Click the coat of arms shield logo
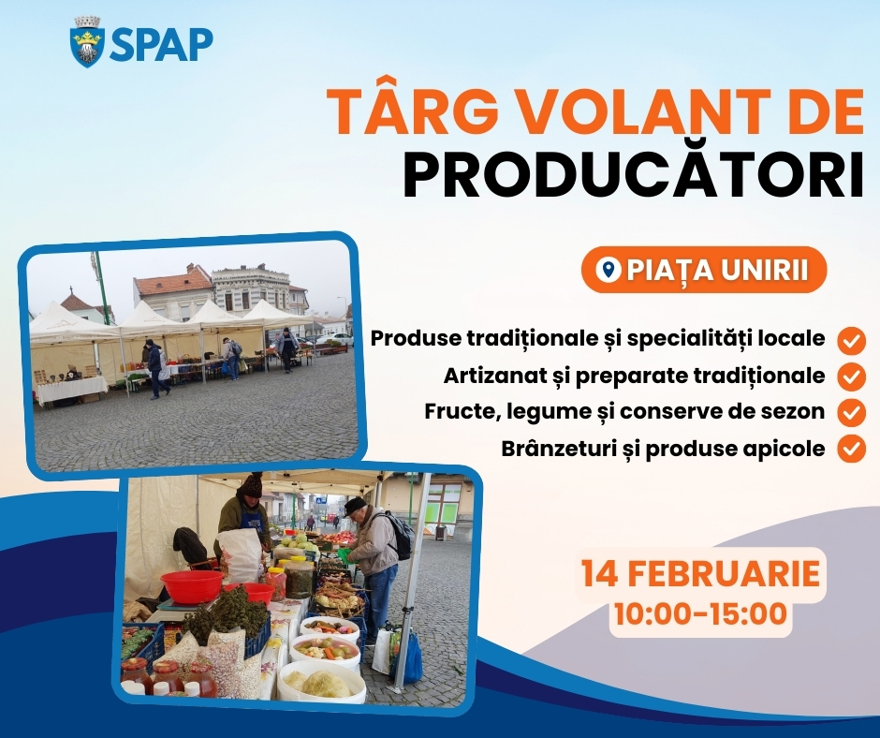pyautogui.click(x=88, y=42)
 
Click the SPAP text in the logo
pyautogui.click(x=161, y=44)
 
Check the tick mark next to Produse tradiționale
pyautogui.click(x=851, y=341)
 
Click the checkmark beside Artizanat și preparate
pyautogui.click(x=851, y=376)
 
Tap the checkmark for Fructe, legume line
pyautogui.click(x=851, y=413)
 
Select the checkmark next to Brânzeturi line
pyautogui.click(x=851, y=449)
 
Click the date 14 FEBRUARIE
pyautogui.click(x=700, y=573)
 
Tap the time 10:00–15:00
pyautogui.click(x=700, y=613)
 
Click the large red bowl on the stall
pyautogui.click(x=192, y=586)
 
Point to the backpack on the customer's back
pyautogui.click(x=399, y=536)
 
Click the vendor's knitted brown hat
pyautogui.click(x=253, y=484)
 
